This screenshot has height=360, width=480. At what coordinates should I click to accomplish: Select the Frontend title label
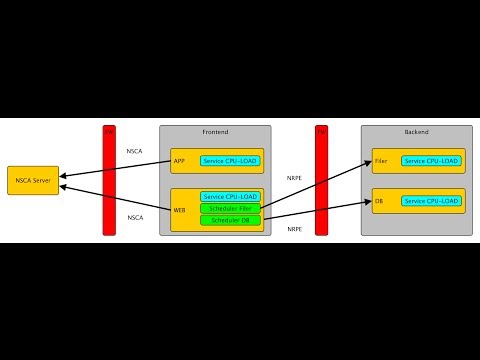coord(215,132)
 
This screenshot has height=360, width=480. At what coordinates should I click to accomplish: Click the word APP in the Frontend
coord(179,160)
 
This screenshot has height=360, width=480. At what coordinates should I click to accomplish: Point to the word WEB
coord(180,210)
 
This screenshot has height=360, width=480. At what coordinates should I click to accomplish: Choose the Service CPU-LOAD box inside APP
coord(230,160)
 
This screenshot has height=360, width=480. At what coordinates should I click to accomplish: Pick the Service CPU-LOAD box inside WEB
coord(230,197)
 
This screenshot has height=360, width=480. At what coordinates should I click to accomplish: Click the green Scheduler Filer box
coord(230,208)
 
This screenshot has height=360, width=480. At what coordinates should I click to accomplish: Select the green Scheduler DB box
coord(230,220)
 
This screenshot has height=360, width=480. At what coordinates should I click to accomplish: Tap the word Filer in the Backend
coord(381,160)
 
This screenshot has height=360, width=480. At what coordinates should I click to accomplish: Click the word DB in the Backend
coord(379,201)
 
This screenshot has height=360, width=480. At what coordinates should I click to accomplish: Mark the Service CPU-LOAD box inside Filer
coord(431,160)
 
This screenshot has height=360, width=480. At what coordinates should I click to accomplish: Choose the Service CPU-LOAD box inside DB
coord(431,201)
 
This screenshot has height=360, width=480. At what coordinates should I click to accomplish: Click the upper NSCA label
coord(134,151)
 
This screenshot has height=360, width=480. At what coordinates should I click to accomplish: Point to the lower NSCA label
coord(134,217)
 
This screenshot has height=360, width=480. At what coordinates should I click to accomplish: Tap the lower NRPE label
coord(295,229)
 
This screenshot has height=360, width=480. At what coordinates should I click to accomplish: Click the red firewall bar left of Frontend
coord(109,180)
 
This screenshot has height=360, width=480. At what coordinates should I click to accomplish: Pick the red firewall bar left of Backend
coord(322,180)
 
